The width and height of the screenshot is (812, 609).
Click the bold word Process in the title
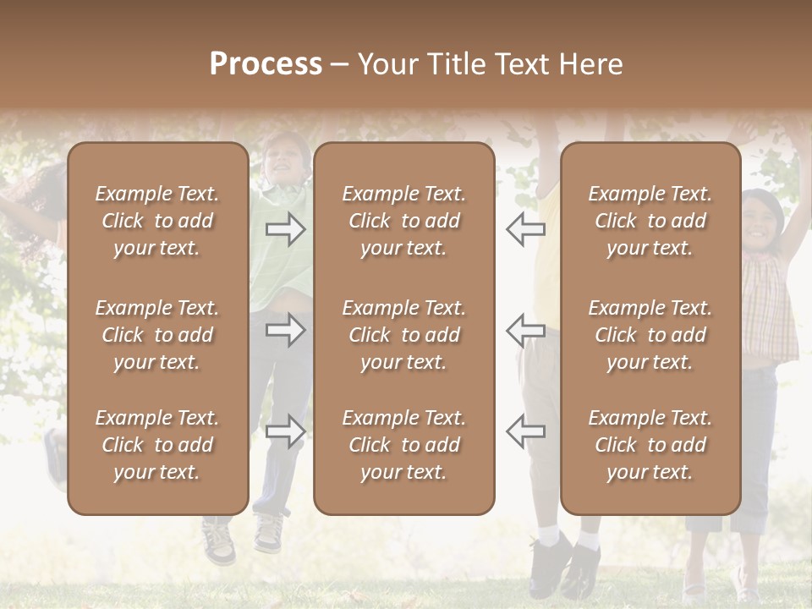(266, 64)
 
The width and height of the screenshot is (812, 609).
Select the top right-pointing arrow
(286, 228)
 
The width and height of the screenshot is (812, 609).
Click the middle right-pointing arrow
(286, 330)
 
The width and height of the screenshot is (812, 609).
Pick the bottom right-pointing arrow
(286, 431)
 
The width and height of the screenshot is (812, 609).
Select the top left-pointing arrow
(525, 228)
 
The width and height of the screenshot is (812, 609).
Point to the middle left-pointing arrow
(525, 330)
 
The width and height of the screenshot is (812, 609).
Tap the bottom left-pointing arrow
(525, 431)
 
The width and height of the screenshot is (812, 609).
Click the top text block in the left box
(157, 221)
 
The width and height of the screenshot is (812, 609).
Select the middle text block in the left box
(157, 335)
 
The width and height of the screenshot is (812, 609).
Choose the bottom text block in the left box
(157, 445)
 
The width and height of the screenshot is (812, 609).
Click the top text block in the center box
(403, 221)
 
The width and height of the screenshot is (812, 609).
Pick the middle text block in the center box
(403, 335)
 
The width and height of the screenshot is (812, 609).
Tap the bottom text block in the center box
(403, 445)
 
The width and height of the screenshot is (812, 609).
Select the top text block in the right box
(650, 221)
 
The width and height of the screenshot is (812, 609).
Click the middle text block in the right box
(650, 335)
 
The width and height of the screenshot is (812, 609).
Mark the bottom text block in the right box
(650, 445)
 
